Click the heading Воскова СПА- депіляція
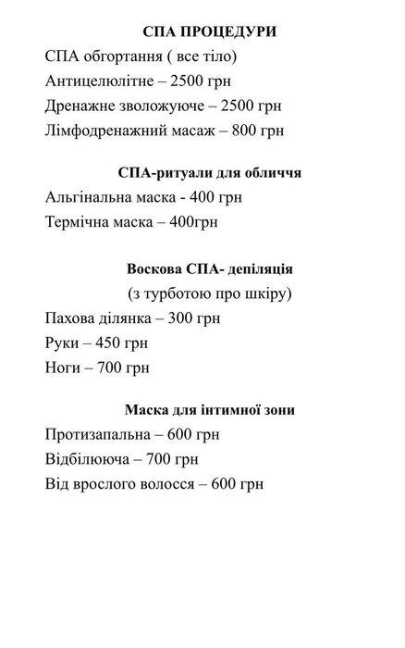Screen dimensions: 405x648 [210, 269]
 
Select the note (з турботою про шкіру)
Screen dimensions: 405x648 [210, 293]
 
